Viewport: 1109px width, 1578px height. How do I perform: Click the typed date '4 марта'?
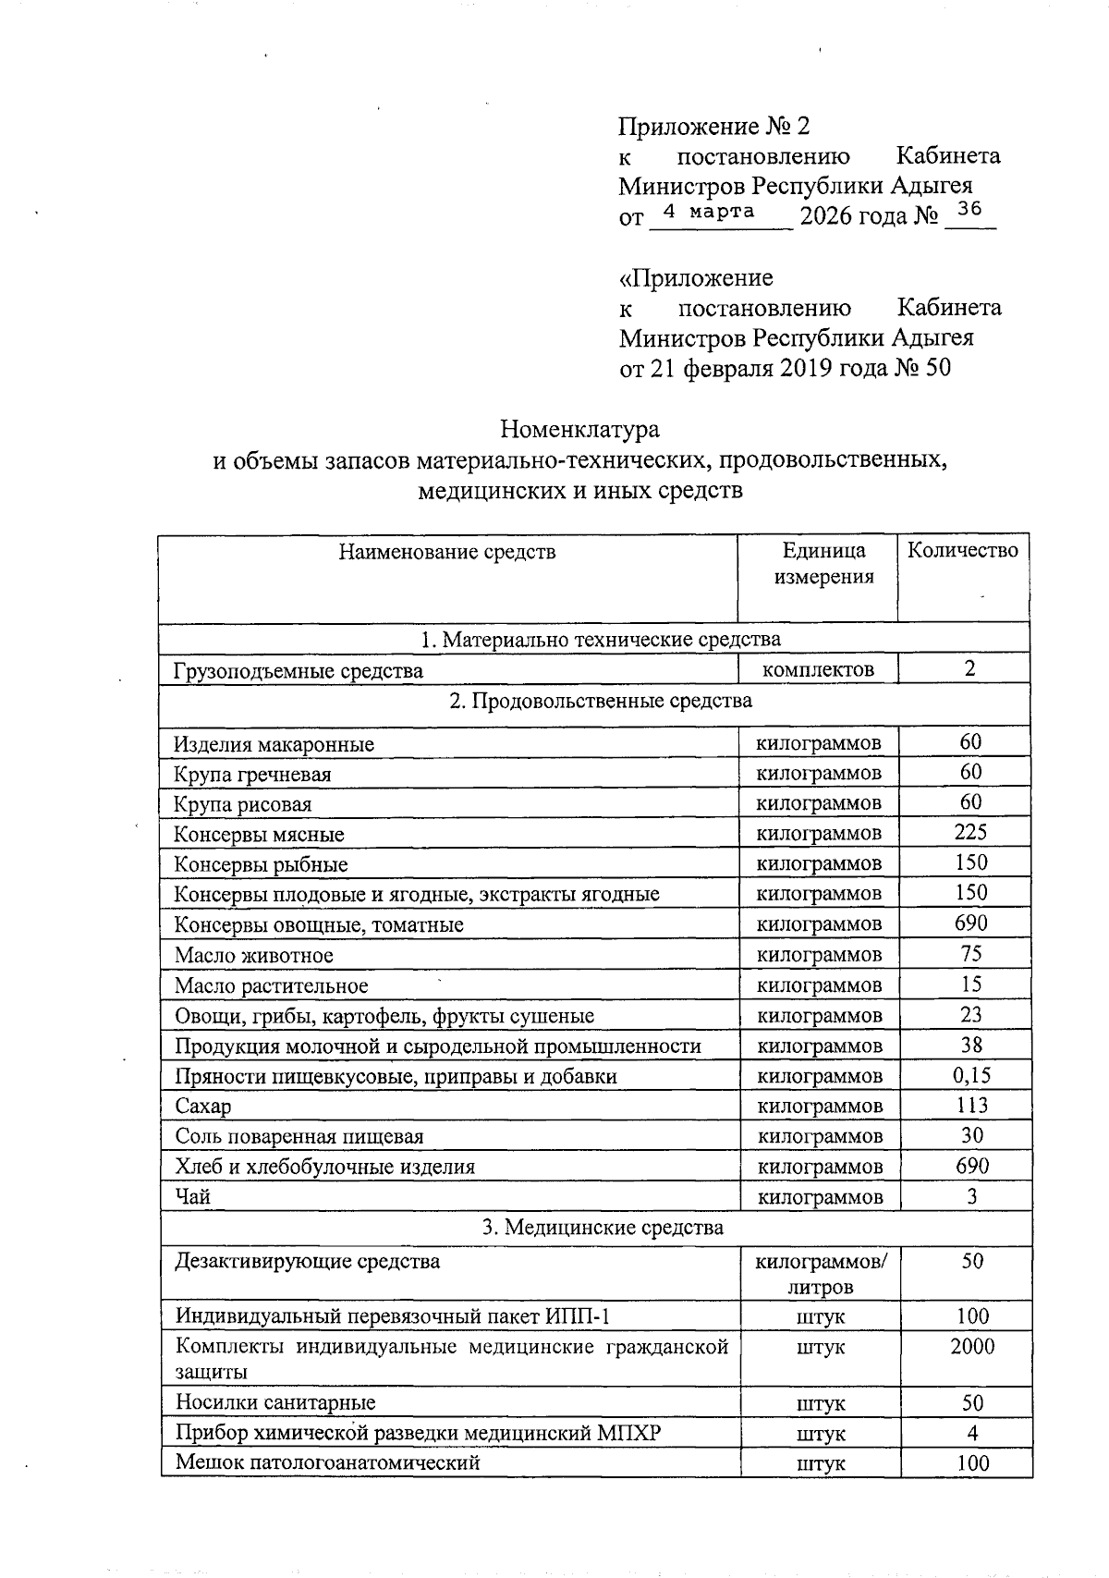[x=709, y=212]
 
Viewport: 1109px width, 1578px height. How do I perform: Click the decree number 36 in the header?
[x=969, y=210]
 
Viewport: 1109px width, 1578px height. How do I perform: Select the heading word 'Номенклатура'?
[x=579, y=430]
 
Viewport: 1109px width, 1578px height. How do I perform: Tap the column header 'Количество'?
[x=963, y=551]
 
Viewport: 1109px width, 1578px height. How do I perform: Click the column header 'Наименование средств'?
[x=447, y=553]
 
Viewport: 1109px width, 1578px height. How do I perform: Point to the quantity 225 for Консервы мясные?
[x=970, y=832]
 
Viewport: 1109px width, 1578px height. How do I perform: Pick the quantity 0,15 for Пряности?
[x=970, y=1075]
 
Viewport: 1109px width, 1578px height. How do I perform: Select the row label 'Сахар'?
[x=203, y=1107]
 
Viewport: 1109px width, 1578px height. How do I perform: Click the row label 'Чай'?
[x=193, y=1197]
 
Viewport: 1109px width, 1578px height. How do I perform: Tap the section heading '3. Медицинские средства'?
[x=603, y=1228]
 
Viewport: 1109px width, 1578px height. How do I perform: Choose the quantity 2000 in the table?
[x=972, y=1347]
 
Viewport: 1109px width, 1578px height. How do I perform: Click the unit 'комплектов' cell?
[x=818, y=669]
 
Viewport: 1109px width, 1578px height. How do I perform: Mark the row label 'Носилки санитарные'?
[x=275, y=1403]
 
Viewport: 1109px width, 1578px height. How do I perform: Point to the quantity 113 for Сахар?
[x=971, y=1106]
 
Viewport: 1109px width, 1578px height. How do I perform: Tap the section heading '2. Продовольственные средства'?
[x=601, y=701]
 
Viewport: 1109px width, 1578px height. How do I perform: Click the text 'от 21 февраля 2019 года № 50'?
[x=784, y=368]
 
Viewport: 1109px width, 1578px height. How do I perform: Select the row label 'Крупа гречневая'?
[x=253, y=774]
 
